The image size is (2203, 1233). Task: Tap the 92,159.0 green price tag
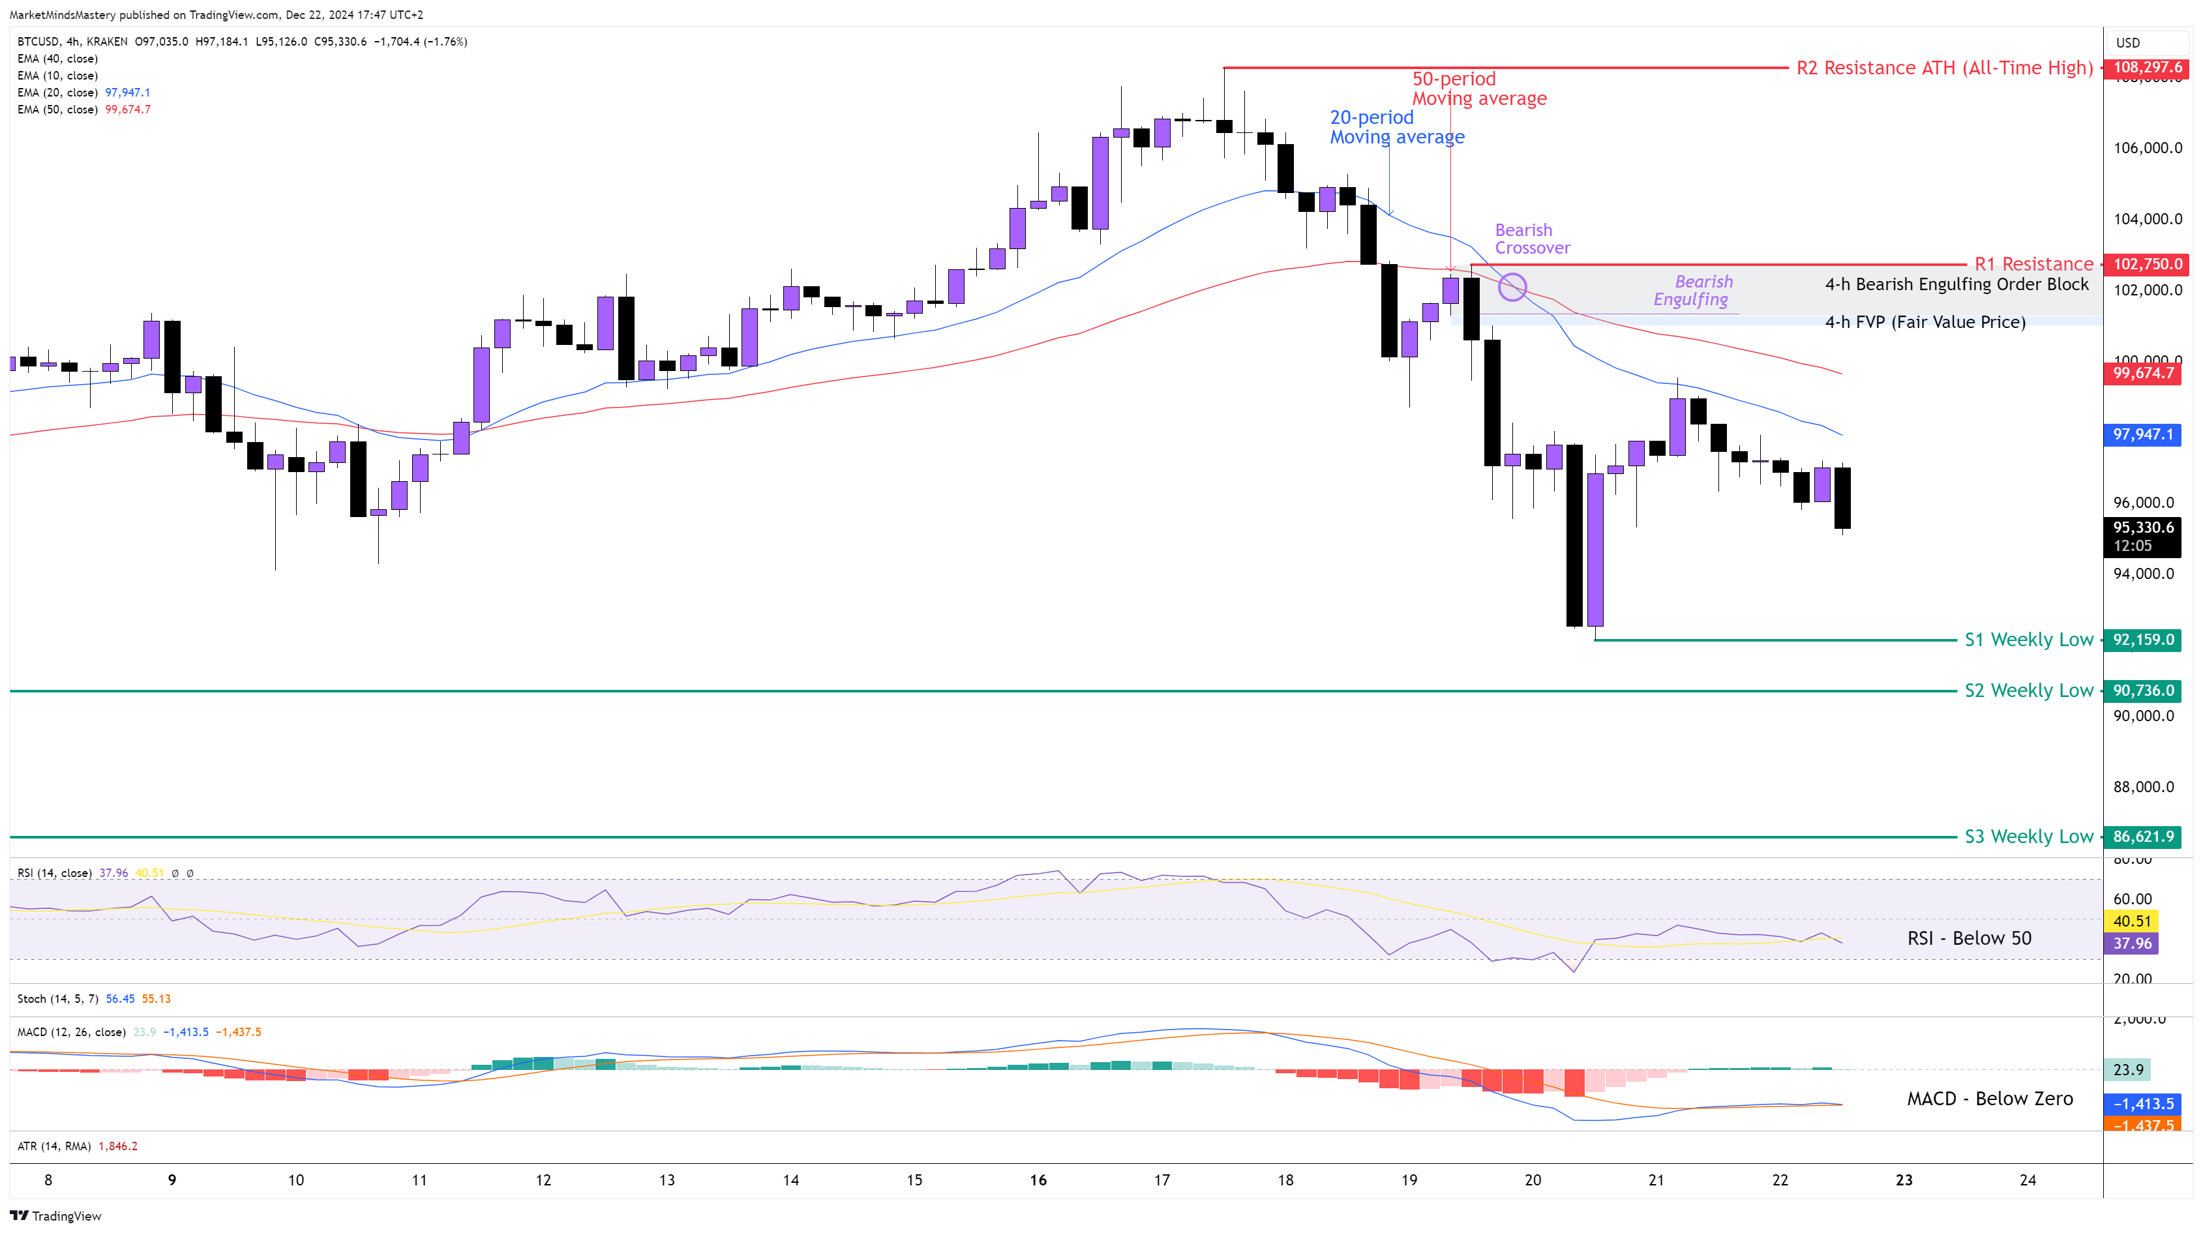tap(2142, 640)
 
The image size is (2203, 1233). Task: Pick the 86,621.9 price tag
tap(2142, 837)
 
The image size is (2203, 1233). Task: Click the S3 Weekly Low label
tap(2028, 837)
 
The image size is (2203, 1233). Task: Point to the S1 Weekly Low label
tap(2028, 640)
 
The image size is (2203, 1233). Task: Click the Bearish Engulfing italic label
tap(1692, 291)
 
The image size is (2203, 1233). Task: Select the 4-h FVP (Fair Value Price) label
tap(1925, 322)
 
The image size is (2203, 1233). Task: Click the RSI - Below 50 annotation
tap(1969, 938)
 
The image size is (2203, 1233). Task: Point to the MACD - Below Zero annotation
tap(1989, 1099)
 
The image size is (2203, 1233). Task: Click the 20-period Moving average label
tap(1396, 126)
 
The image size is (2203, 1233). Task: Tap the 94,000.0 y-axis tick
tap(2143, 574)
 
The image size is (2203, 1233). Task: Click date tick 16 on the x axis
tap(1038, 1180)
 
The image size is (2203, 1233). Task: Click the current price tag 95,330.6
tap(2142, 527)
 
